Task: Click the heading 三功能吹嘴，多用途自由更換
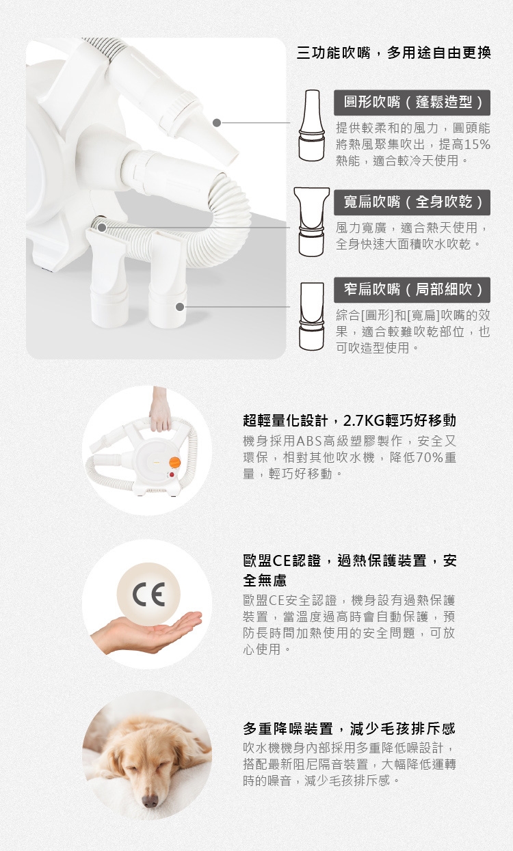393,53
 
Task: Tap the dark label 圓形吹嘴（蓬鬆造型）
412,103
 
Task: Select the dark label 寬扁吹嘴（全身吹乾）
412,202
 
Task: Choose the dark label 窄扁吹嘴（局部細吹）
412,290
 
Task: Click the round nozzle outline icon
312,125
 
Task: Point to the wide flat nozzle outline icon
311,221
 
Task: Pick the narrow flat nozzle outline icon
312,316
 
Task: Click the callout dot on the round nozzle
217,123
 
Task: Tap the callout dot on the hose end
101,228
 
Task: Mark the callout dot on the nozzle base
180,307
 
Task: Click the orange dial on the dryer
174,462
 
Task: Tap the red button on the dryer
172,475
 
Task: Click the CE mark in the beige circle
148,594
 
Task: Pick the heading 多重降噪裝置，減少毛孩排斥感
349,729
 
